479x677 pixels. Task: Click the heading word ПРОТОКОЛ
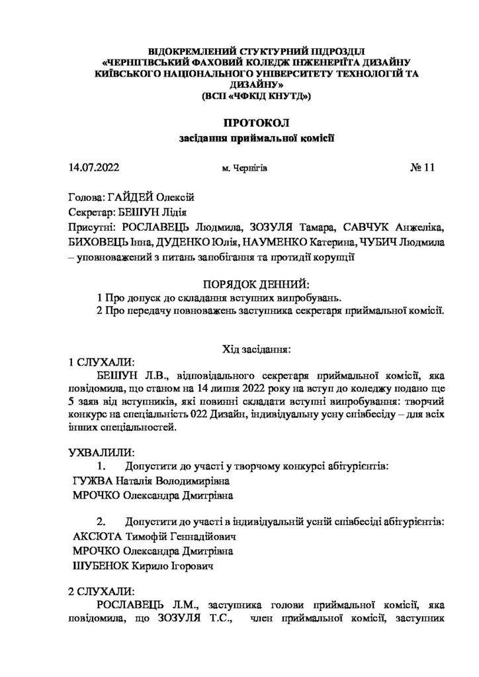[x=239, y=123]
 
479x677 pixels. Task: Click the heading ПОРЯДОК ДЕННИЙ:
[x=255, y=284]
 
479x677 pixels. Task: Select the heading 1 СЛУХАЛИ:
[x=101, y=362]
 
